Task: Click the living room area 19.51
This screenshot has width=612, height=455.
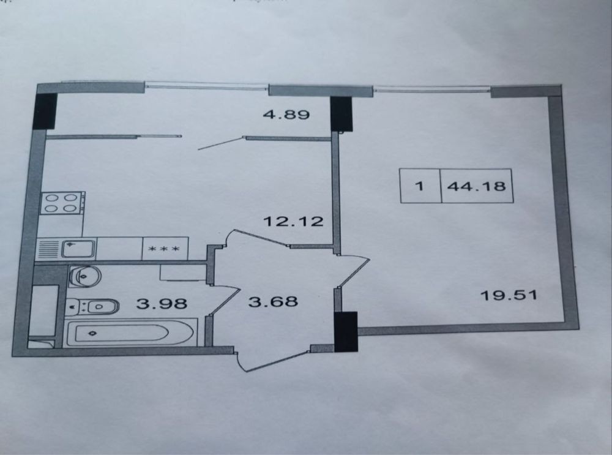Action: [x=509, y=296]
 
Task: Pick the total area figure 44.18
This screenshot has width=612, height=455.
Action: [x=476, y=186]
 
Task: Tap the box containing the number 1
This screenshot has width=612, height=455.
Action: [x=420, y=186]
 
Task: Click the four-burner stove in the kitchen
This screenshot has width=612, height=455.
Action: [x=62, y=203]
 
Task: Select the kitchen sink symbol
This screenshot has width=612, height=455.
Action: [x=78, y=248]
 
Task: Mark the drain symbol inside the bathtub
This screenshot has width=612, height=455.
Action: [x=92, y=333]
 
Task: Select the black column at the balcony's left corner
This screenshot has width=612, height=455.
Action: [x=46, y=111]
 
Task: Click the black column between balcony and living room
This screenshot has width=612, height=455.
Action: [x=341, y=114]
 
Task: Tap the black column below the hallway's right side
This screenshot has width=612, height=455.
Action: [x=346, y=331]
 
